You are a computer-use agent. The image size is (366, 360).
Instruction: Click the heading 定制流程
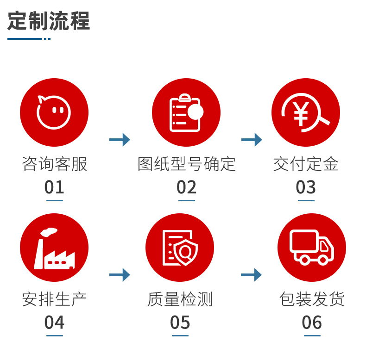49,21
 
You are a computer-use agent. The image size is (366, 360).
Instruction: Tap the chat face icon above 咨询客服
54,112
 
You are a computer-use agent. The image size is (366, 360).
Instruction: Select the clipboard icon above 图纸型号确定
186,112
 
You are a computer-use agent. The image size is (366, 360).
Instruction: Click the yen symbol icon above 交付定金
305,112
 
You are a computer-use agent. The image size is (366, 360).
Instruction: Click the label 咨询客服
54,164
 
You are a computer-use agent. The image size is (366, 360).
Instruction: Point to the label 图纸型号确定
186,164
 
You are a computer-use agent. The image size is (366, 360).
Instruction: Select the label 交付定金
306,164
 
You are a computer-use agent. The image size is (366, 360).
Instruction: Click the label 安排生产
54,299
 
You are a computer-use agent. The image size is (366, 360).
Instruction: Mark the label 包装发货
312,299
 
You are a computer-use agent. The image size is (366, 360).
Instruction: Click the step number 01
54,187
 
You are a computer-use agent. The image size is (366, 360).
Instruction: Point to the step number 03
306,187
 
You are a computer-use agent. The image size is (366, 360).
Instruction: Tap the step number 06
312,323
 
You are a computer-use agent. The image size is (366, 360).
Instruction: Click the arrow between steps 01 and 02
120,139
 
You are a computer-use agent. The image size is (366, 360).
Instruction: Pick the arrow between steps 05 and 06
251,275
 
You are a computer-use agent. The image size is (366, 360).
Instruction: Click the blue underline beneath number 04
54,335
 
